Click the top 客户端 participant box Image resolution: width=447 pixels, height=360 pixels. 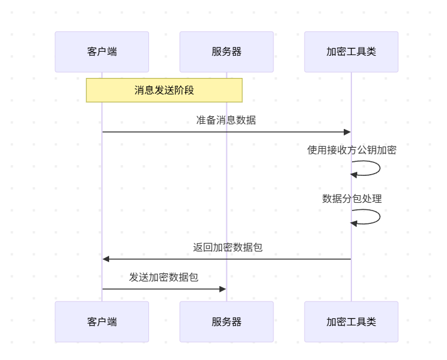(x=101, y=52)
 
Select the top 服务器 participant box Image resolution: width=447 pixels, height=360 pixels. (x=226, y=52)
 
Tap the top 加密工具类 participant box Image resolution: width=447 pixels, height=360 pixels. (x=351, y=52)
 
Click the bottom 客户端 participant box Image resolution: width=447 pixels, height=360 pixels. (x=101, y=321)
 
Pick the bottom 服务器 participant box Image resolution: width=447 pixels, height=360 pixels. (x=226, y=321)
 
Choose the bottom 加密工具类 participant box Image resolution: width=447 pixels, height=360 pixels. (x=351, y=321)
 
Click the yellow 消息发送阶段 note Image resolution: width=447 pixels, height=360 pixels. (x=164, y=90)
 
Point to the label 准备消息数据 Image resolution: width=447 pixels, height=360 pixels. (x=226, y=120)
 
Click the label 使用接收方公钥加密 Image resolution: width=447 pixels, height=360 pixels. (x=351, y=150)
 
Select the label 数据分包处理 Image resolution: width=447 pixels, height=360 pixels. (x=351, y=198)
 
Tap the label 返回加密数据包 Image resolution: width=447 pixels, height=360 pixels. (x=228, y=247)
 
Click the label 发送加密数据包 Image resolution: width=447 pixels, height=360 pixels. (x=164, y=277)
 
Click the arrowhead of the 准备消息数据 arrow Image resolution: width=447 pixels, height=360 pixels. (x=347, y=132)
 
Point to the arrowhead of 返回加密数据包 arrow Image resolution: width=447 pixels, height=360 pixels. (x=106, y=259)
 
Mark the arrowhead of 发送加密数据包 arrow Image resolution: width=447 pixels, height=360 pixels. (x=223, y=289)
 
